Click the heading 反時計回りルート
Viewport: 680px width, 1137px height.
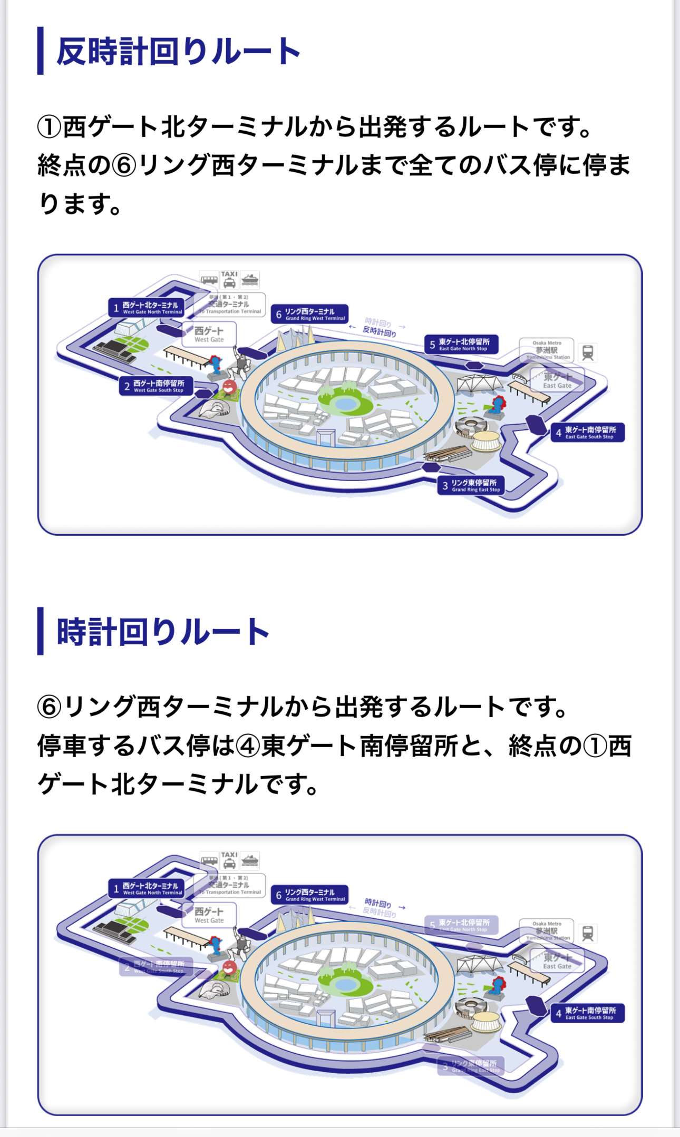click(178, 52)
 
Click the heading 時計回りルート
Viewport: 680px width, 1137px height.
click(163, 632)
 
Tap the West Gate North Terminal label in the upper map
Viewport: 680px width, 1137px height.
click(147, 308)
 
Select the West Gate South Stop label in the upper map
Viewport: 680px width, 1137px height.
click(156, 386)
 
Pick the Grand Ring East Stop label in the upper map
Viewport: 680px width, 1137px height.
click(471, 485)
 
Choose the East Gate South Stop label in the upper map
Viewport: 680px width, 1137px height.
click(587, 433)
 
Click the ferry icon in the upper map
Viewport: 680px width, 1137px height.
click(250, 280)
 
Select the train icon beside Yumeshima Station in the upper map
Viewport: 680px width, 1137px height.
click(588, 352)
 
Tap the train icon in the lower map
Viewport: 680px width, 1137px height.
click(588, 933)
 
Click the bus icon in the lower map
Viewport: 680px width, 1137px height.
click(209, 860)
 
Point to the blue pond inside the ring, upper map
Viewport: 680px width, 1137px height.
click(345, 404)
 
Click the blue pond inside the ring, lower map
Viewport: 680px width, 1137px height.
click(345, 985)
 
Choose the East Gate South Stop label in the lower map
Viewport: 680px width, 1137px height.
click(587, 1013)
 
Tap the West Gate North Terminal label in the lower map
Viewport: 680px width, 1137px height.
click(147, 888)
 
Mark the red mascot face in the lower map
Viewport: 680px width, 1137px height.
click(229, 967)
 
